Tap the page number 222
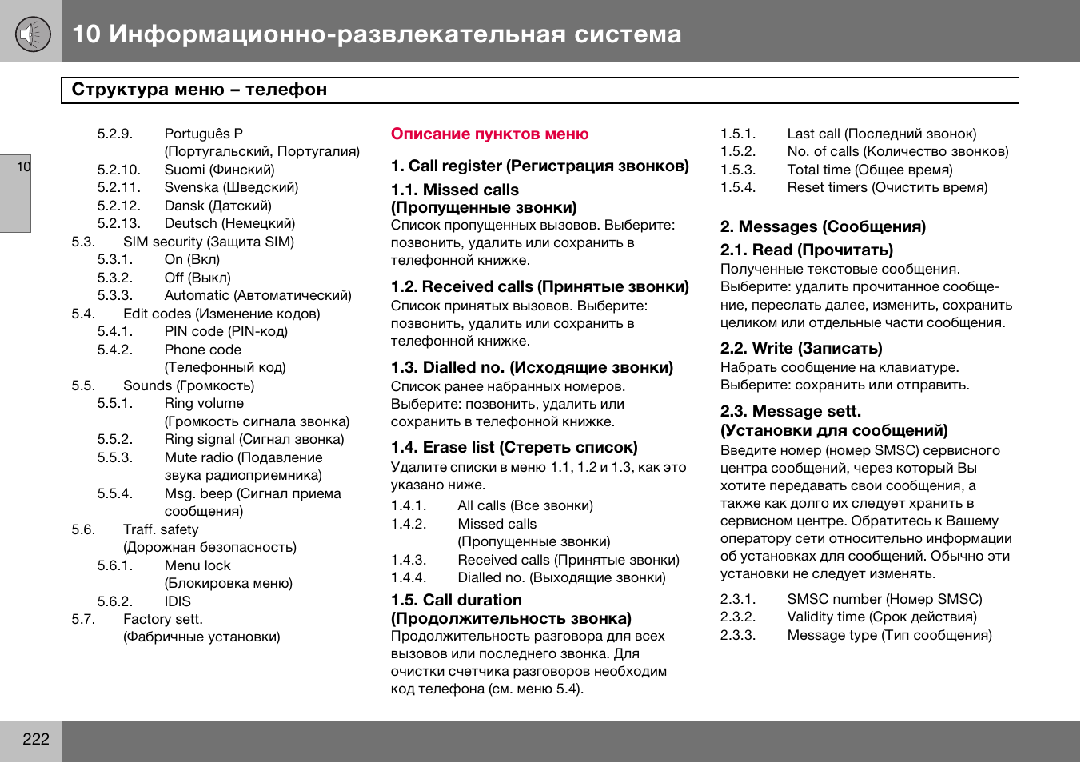point(36,739)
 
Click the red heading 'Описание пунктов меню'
point(489,134)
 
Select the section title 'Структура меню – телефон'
point(199,90)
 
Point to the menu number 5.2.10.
point(118,170)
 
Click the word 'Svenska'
point(191,187)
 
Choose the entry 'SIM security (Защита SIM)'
point(209,242)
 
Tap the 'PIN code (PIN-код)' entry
point(225,331)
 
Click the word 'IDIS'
point(178,601)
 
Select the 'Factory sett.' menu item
point(163,619)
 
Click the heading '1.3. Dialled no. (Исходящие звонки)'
point(532,367)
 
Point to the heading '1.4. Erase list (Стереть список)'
point(514,447)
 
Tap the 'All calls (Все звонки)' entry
point(525,505)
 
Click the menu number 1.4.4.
point(409,577)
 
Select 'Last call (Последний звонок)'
point(881,134)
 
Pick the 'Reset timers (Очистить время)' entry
point(887,187)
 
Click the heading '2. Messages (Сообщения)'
point(823,226)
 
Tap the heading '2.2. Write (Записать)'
point(801,348)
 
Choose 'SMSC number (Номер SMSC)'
point(884,599)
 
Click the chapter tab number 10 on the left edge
point(23,166)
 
